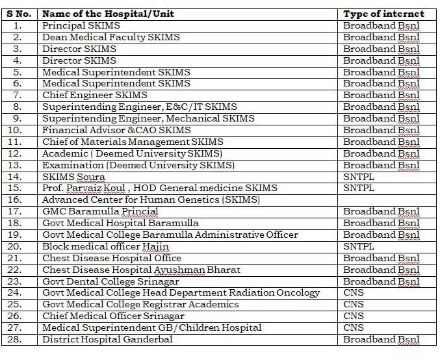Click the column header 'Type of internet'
click(383, 14)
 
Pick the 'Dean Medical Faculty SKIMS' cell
click(103, 37)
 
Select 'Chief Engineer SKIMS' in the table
click(95, 96)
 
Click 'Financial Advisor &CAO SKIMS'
click(116, 131)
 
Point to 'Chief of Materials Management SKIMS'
click(133, 142)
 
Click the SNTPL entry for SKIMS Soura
click(359, 177)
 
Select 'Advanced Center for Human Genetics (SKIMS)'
click(151, 200)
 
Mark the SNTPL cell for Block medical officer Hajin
click(359, 247)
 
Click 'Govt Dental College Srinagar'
click(110, 282)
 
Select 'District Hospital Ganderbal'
click(107, 340)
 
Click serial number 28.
click(18, 340)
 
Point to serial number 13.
click(18, 165)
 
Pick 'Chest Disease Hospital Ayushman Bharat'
click(141, 270)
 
